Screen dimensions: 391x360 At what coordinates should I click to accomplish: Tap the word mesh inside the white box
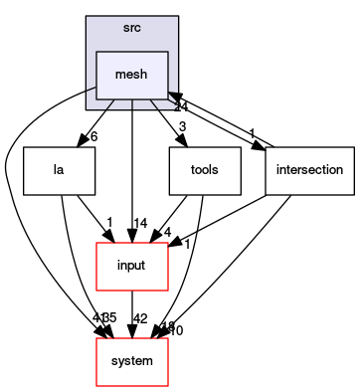pos(131,75)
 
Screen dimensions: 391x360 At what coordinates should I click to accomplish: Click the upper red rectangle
pos(131,267)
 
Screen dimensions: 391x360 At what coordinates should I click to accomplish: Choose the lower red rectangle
pos(131,362)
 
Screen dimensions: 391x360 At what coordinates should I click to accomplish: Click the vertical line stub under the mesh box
pos(131,104)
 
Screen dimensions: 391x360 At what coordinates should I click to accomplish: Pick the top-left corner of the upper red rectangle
pos(96,243)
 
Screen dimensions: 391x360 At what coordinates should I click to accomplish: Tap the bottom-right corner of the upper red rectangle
pos(167,290)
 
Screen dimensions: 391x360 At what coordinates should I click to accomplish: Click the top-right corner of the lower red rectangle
pos(167,338)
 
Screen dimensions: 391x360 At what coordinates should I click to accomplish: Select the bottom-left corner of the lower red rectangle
pos(96,385)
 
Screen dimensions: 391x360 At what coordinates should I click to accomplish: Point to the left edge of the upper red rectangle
pos(96,267)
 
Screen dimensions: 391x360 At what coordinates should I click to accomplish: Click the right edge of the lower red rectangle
pos(167,362)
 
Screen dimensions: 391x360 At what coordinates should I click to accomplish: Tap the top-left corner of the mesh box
pos(96,52)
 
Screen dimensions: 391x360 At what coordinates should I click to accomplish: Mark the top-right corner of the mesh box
pos(167,52)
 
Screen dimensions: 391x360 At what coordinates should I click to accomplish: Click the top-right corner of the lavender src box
pos(177,17)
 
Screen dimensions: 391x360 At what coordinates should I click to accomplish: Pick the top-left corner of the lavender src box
pos(87,17)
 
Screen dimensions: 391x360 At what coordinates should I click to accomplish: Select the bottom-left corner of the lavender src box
pos(87,108)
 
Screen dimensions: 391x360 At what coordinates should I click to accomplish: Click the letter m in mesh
pos(120,76)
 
